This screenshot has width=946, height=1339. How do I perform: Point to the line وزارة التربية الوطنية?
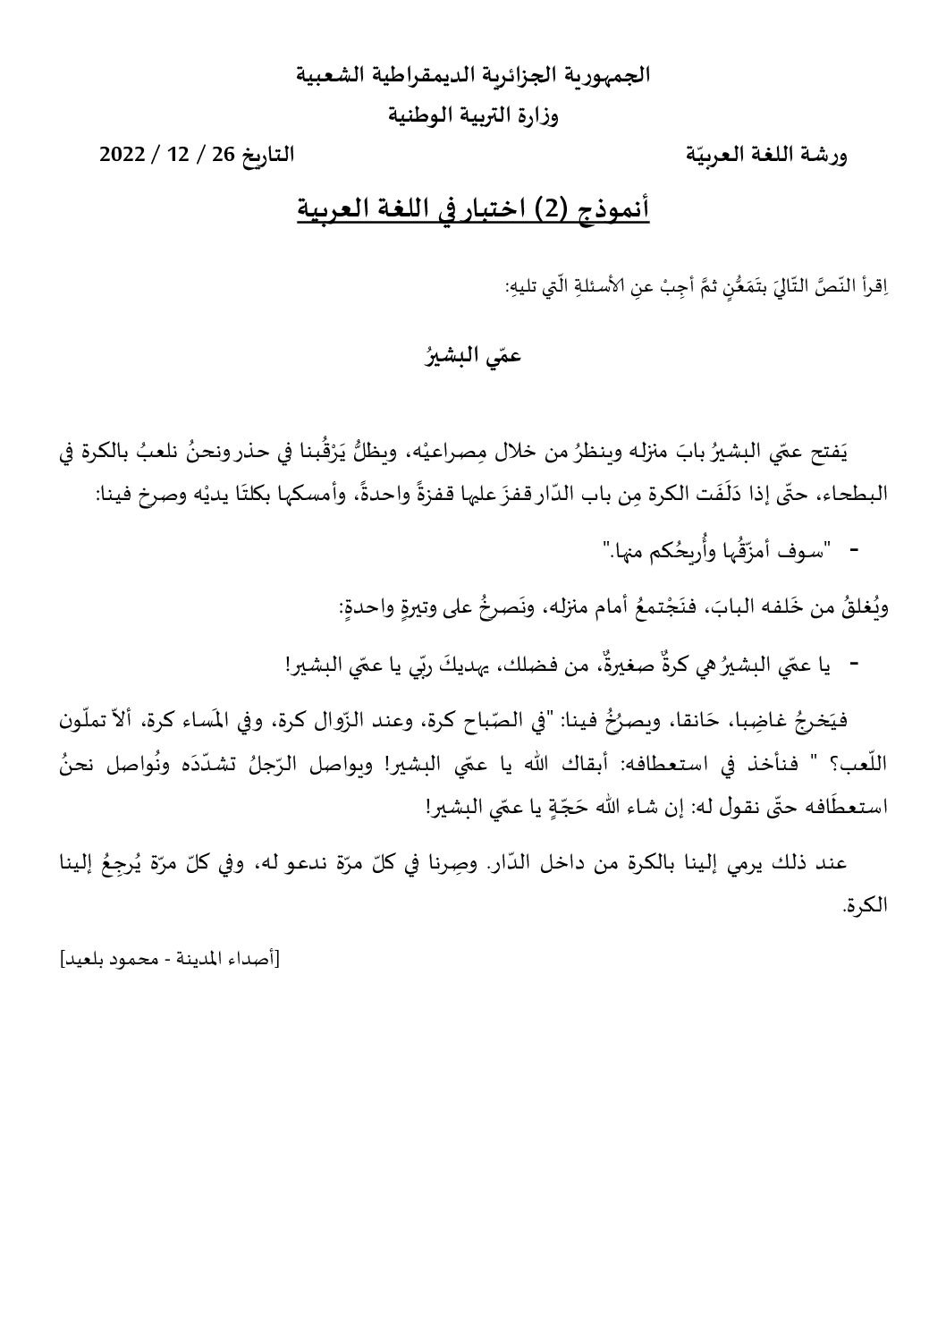click(x=473, y=115)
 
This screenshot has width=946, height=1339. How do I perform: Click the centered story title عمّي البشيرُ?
click(x=473, y=357)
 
